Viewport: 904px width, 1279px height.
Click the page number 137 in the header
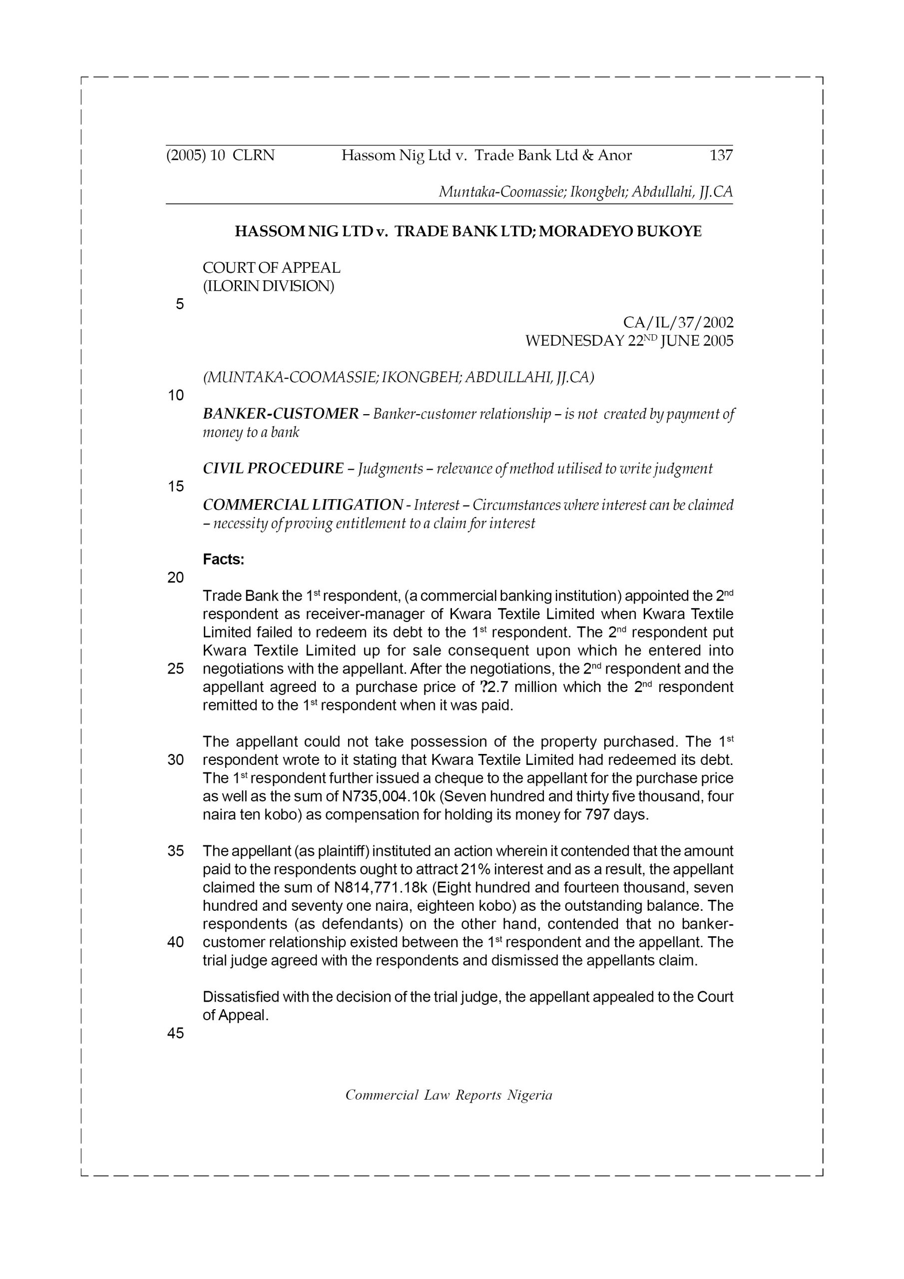721,155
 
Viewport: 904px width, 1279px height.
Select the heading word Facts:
223,559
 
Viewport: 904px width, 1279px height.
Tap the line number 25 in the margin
175,668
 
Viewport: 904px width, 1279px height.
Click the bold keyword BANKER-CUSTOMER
281,414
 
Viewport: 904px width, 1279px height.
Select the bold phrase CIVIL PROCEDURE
273,469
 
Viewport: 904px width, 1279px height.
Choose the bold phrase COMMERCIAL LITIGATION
303,505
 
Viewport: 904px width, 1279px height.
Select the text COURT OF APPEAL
271,268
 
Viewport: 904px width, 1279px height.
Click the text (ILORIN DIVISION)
268,286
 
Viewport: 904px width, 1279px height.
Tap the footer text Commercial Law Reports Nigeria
449,1095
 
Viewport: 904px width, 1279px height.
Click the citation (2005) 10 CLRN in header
221,155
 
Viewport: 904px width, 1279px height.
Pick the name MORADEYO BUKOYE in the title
620,231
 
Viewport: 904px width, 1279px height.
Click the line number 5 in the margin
179,304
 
